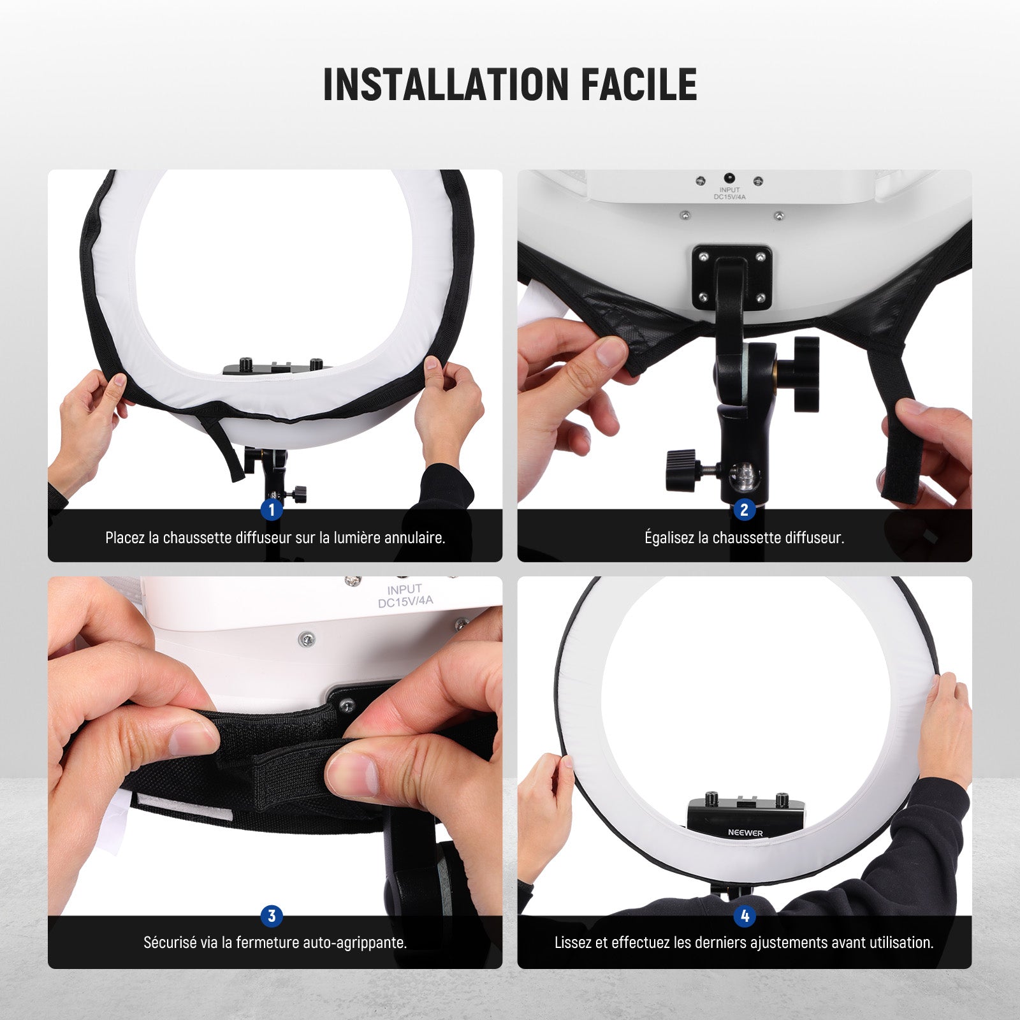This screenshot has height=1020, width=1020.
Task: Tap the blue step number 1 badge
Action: [x=272, y=509]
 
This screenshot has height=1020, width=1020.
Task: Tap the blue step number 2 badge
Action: [x=744, y=509]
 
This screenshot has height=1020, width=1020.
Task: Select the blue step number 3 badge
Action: [x=272, y=916]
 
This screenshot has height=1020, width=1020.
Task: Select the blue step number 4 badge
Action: [x=744, y=916]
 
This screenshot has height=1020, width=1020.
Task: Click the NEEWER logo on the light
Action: [x=745, y=833]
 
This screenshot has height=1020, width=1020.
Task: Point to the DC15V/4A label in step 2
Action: [x=729, y=197]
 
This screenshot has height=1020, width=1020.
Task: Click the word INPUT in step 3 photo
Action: [x=404, y=590]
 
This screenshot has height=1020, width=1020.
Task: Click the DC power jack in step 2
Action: [x=728, y=179]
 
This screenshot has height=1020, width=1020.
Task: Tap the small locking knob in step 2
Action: [x=683, y=470]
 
